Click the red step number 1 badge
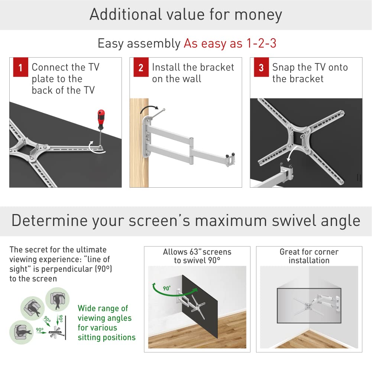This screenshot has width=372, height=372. pyautogui.click(x=20, y=68)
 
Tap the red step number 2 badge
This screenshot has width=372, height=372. pyautogui.click(x=141, y=68)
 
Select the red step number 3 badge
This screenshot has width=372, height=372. pyautogui.click(x=261, y=68)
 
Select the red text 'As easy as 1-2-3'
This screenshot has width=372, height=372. pyautogui.click(x=230, y=43)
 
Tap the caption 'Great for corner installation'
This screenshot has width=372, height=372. pyautogui.click(x=309, y=256)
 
